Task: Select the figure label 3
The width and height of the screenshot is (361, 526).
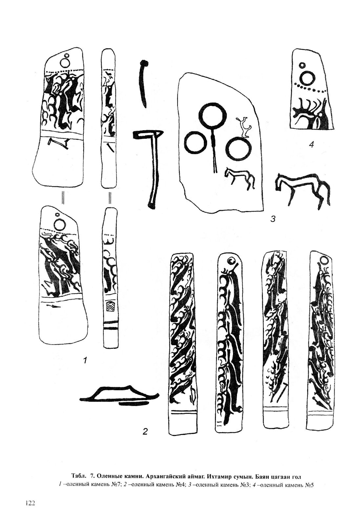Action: pos(272,219)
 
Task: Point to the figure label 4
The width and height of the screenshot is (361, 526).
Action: pos(311,145)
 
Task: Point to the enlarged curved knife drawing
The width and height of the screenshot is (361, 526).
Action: pos(143,84)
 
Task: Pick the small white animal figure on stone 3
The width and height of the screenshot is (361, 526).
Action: pos(244,127)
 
